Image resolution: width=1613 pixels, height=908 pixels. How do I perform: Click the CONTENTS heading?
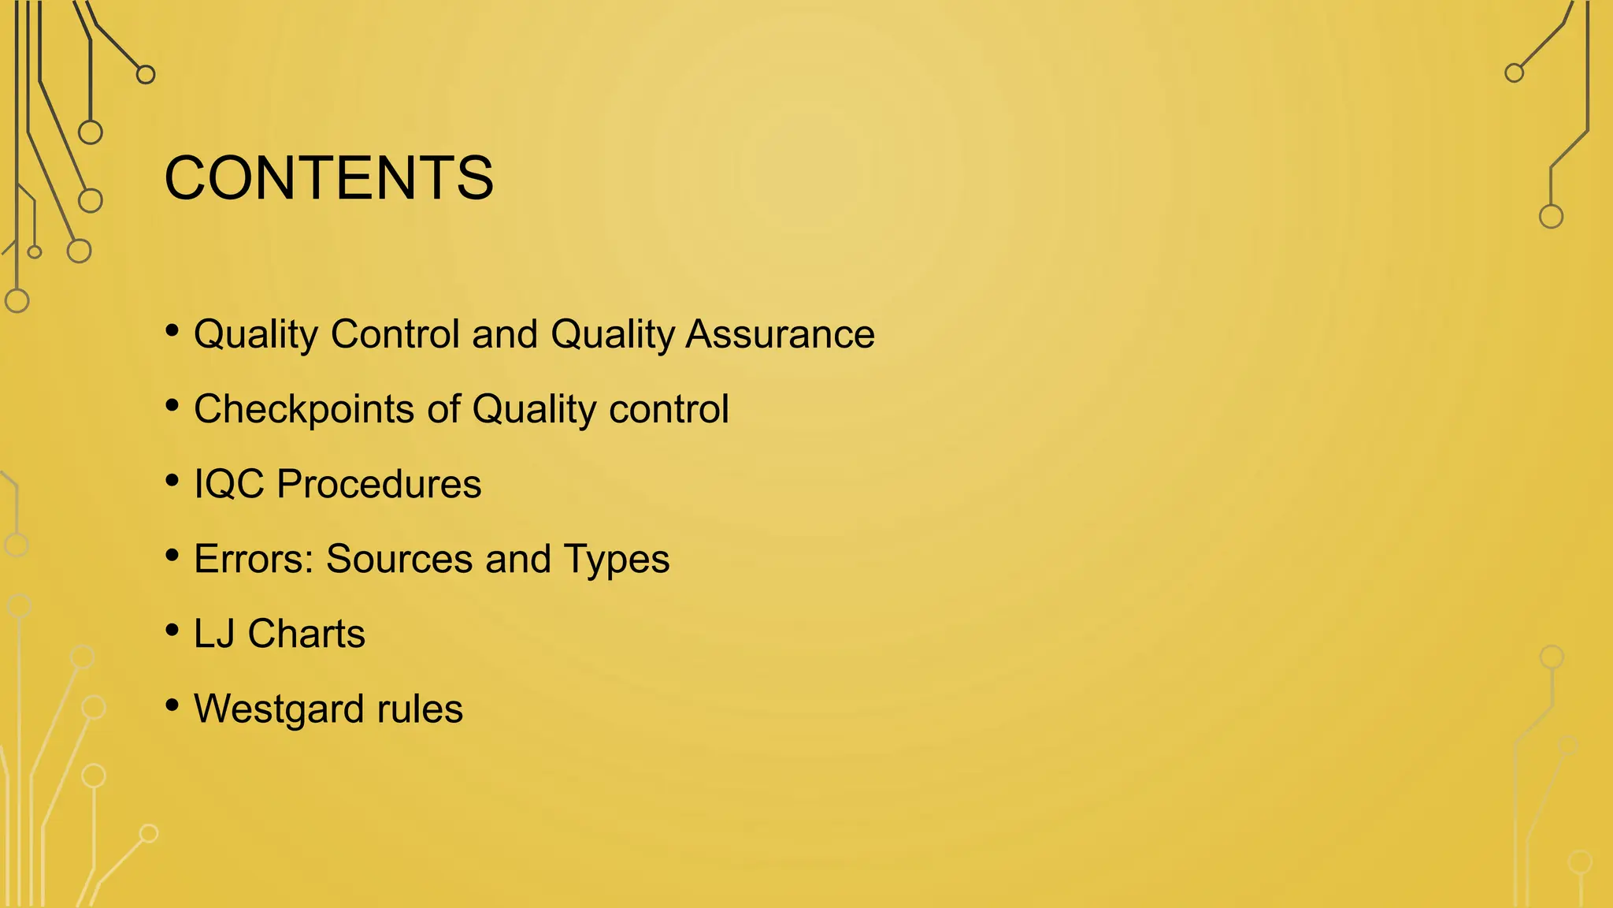pyautogui.click(x=328, y=178)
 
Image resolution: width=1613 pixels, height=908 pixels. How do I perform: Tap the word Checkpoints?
pyautogui.click(x=304, y=410)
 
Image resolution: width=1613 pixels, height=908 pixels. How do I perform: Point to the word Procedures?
pyautogui.click(x=379, y=484)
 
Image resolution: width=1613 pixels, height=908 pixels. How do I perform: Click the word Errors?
pyautogui.click(x=254, y=559)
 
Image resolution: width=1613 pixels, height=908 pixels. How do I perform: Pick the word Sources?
pyautogui.click(x=399, y=559)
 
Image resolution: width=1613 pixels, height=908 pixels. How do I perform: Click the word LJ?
pyautogui.click(x=214, y=634)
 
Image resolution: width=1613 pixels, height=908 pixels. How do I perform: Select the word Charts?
pyautogui.click(x=306, y=634)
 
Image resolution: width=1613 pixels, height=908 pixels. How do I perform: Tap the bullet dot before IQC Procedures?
pyautogui.click(x=172, y=481)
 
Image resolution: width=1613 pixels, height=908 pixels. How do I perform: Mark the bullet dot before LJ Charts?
pyautogui.click(x=172, y=631)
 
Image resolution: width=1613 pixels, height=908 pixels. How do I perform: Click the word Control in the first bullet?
pyautogui.click(x=395, y=334)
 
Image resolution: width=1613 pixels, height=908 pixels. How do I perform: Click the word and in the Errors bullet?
pyautogui.click(x=517, y=559)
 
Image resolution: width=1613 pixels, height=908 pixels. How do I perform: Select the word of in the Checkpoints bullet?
pyautogui.click(x=443, y=409)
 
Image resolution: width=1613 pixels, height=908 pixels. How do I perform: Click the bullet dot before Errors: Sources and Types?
pyautogui.click(x=172, y=556)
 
